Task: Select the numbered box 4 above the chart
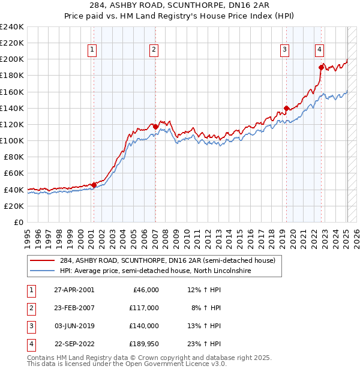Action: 320,50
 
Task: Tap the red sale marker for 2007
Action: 155,127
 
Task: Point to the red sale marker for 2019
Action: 286,108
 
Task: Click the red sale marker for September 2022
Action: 321,67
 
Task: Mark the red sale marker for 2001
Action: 94,185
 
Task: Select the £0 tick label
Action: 18,222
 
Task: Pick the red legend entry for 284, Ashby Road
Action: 167,260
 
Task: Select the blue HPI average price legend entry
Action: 155,271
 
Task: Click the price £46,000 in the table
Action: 144,289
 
